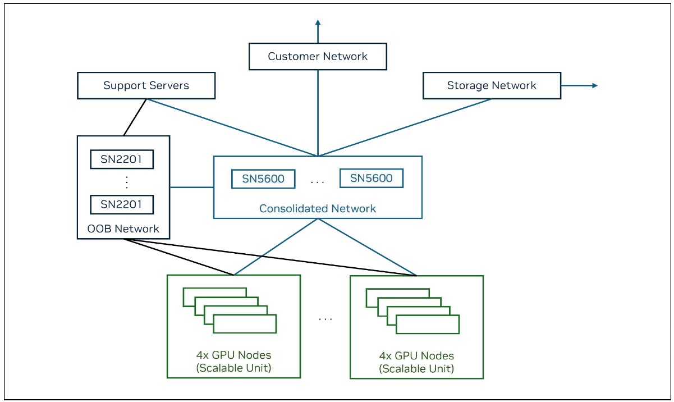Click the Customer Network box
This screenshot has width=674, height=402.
[x=318, y=57]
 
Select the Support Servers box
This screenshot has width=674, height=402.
[x=146, y=86]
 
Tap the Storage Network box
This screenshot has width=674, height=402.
[x=492, y=86]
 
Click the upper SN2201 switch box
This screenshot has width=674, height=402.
[x=122, y=160]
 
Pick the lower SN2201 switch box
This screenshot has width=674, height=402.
[x=122, y=204]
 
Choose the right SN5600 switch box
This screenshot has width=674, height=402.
[x=372, y=179]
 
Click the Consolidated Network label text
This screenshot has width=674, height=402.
[x=318, y=208]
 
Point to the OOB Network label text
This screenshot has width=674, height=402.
[x=123, y=229]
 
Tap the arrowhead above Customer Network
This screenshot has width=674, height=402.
[x=318, y=23]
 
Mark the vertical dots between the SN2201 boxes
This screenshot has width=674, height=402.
[x=126, y=182]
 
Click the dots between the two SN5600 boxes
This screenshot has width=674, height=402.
[x=318, y=182]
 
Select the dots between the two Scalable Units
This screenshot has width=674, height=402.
[x=325, y=319]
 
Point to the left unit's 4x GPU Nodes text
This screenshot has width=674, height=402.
[x=234, y=355]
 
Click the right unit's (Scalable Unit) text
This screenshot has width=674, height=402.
[x=416, y=369]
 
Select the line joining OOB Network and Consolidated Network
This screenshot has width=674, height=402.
[x=191, y=187]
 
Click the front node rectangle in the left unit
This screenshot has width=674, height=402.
[x=245, y=324]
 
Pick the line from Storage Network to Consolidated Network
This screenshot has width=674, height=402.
[x=404, y=127]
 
